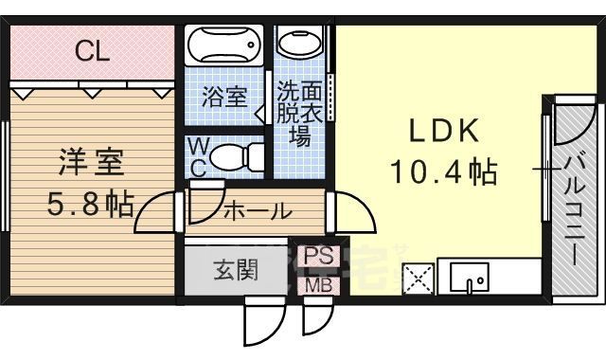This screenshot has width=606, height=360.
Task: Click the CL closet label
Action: tap(92, 52)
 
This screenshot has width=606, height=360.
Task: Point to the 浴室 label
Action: tap(225, 98)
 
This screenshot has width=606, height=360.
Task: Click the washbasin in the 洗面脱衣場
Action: tap(302, 42)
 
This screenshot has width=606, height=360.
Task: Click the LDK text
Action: tap(443, 130)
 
